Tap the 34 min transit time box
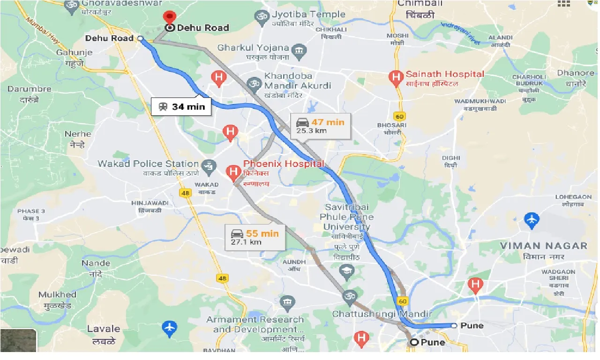181,107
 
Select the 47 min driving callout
321,126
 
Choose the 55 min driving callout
255,237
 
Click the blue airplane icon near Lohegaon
532,219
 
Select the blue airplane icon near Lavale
169,328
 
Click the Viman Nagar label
543,246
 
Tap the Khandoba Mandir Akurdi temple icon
254,83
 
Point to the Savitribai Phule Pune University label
346,217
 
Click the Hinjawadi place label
150,203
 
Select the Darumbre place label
29,89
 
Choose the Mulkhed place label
57,295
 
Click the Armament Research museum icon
287,303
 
